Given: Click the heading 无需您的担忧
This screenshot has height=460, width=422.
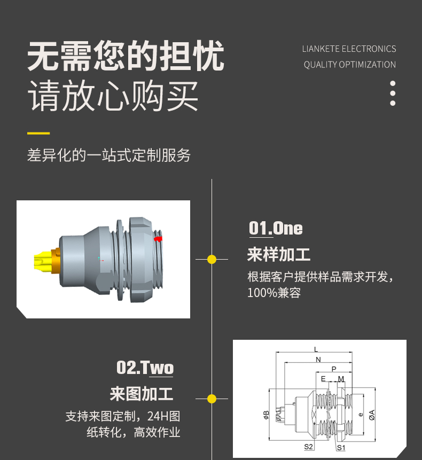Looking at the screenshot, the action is pos(126,56).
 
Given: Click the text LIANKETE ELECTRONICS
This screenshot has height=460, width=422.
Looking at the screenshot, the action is pos(349,49).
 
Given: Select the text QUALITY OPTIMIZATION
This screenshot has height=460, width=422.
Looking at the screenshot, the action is pos(350,65).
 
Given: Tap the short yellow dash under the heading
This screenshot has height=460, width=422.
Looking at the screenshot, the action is pos(38,133).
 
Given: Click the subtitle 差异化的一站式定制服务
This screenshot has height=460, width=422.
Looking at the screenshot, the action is pos(109,155).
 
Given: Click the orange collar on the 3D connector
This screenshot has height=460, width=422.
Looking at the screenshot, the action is pos(56,261).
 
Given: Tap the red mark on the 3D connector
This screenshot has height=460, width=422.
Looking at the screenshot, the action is pos(158,239).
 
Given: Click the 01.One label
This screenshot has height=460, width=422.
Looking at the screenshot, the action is pos(276,228).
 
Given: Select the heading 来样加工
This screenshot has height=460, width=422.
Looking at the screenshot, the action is pos(279,254).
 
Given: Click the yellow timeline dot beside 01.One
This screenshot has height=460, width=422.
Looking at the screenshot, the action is pos(212,259).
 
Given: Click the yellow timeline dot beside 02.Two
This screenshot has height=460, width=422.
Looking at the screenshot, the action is pos(212,399).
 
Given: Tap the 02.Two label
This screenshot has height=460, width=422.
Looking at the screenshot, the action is pos(145,368).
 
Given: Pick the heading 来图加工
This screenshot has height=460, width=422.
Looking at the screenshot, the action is pos(142,394).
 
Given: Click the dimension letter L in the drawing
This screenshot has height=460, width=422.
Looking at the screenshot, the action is pos(316,349).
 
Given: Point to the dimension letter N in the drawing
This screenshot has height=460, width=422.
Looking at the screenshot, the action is pos(318,360).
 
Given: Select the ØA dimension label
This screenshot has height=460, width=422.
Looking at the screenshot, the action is pos(372,415).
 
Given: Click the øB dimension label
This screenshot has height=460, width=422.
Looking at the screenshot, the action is pos(266,415).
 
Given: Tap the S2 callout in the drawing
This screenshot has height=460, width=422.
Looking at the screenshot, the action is pos(309,447).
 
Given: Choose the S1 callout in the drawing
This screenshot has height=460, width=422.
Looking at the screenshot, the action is pos(341,447).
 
